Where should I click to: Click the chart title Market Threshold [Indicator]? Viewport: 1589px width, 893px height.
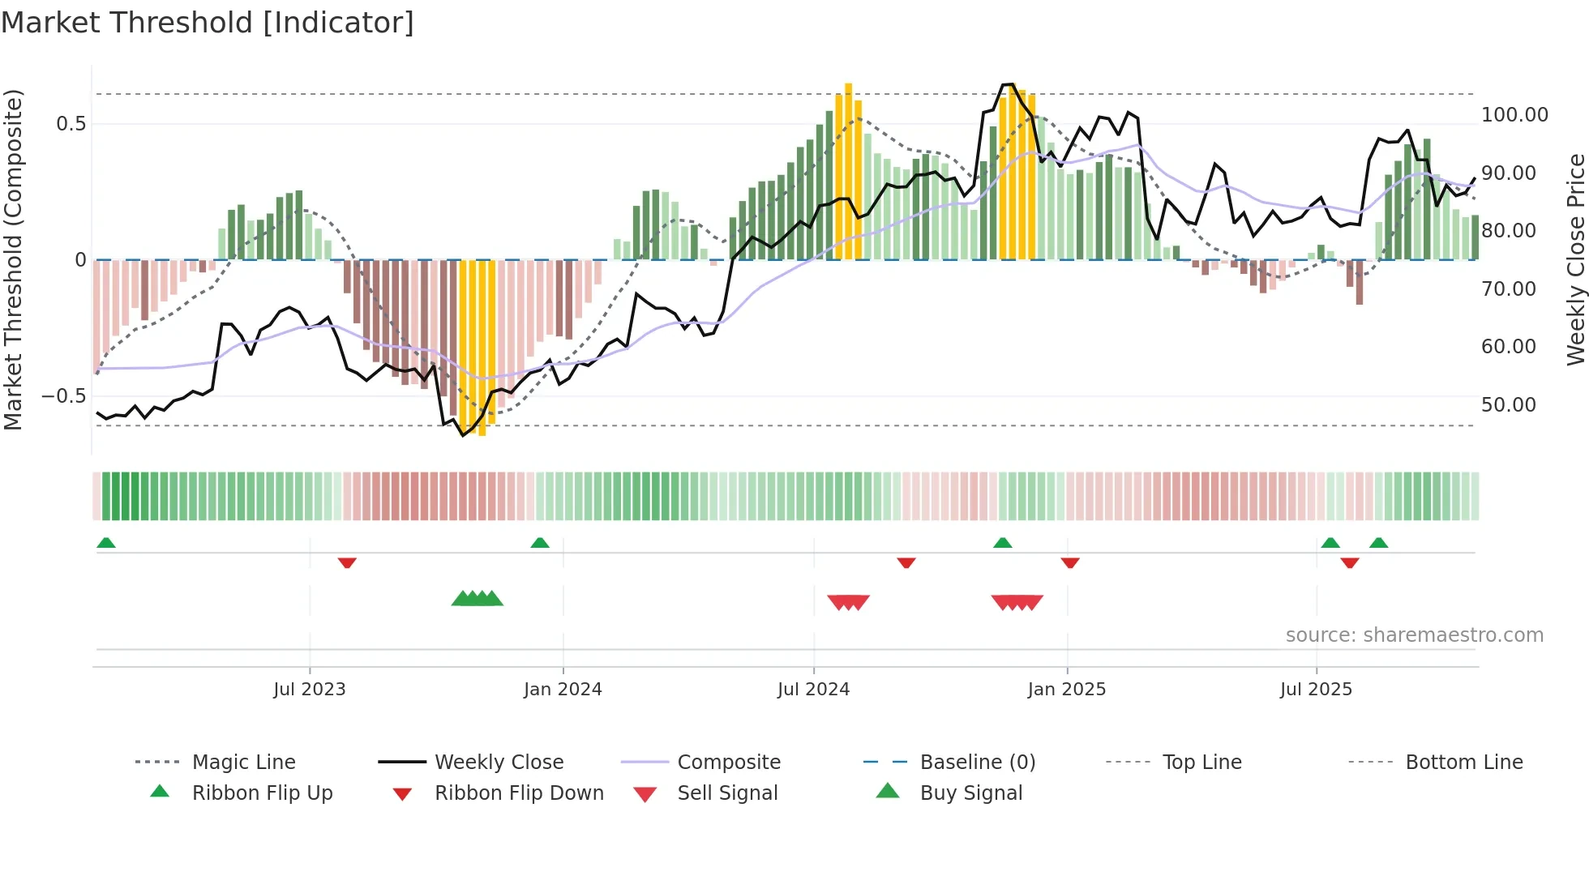(x=208, y=23)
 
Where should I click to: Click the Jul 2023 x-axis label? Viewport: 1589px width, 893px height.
(x=309, y=690)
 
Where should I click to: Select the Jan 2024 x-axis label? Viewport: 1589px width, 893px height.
(x=563, y=690)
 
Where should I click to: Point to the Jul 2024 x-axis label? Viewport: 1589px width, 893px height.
(x=813, y=690)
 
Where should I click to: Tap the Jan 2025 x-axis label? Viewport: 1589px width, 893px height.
(x=1066, y=690)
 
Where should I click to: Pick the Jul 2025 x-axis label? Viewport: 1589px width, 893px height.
(x=1316, y=690)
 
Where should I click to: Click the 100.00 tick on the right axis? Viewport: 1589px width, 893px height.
(x=1514, y=115)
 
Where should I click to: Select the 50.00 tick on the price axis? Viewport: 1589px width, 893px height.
(x=1508, y=405)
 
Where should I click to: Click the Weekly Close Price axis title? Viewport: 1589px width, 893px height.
(x=1575, y=259)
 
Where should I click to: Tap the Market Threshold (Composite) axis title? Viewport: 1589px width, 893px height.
(x=13, y=259)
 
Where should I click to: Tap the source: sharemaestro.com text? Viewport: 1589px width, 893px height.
(x=1414, y=635)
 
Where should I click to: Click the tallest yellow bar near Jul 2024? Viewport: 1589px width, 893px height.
(x=848, y=170)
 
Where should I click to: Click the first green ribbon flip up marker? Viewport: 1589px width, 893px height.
(x=106, y=543)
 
